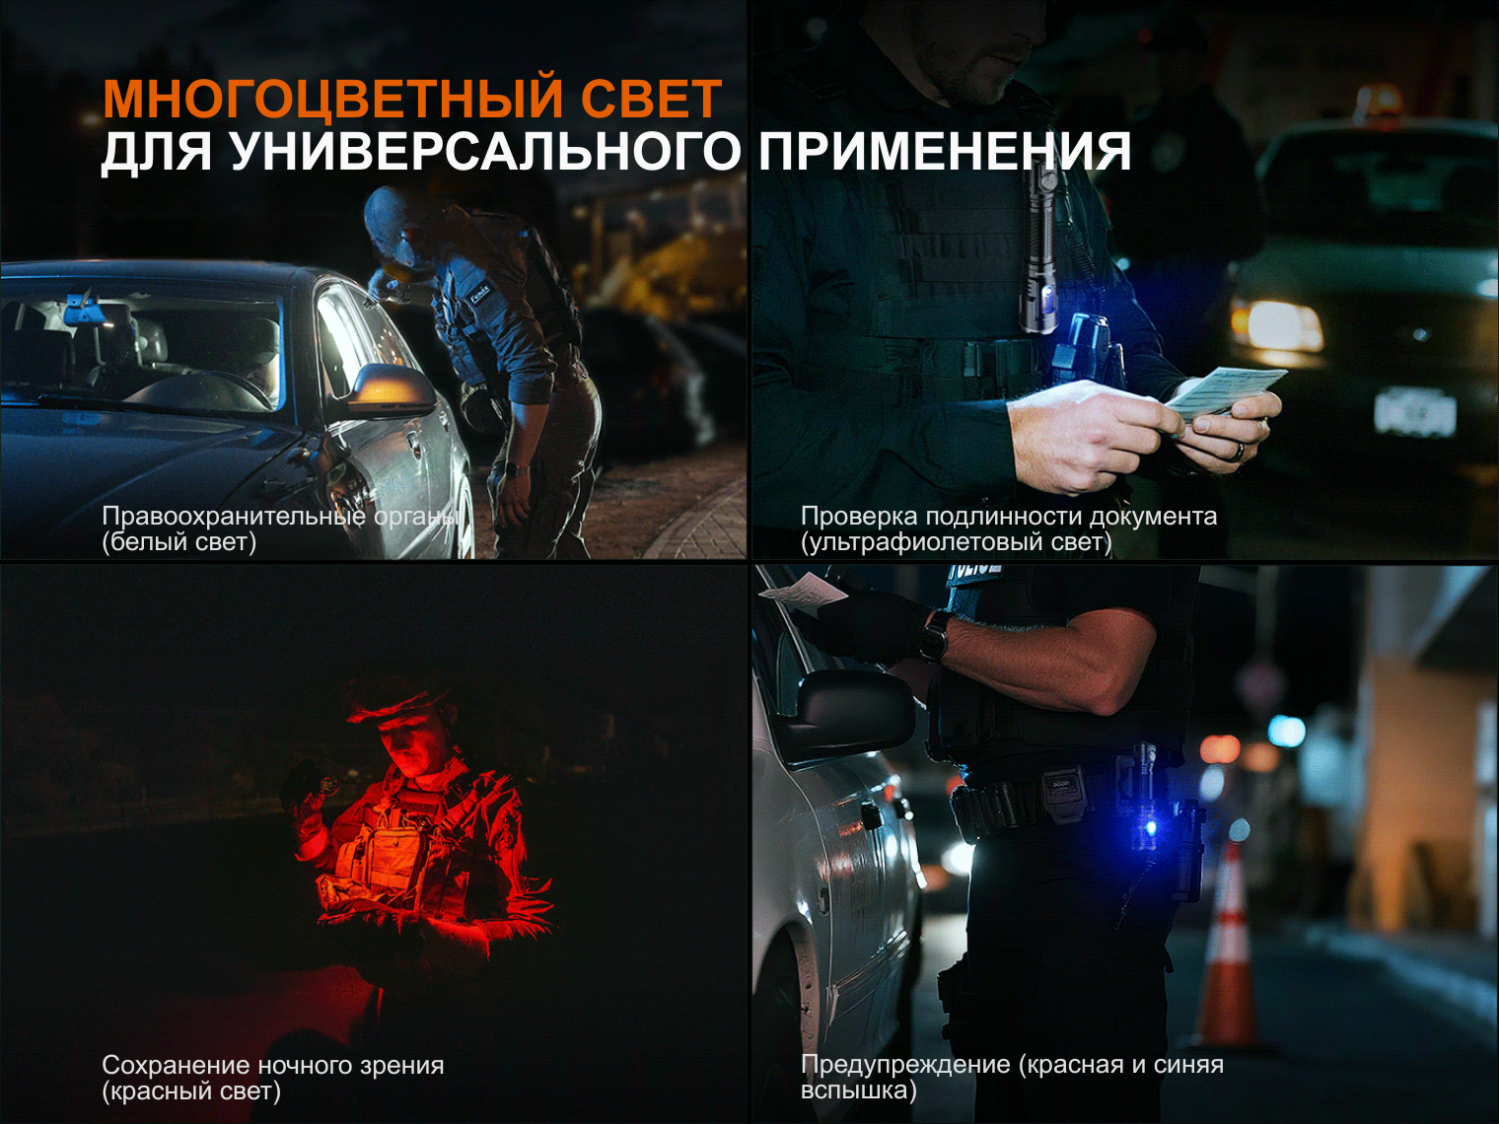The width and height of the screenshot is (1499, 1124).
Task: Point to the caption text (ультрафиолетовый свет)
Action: [956, 542]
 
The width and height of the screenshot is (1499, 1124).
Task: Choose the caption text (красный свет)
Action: [191, 1091]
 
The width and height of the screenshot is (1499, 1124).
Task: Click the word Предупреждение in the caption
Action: [905, 1065]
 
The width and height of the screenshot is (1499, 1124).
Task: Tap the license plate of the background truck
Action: [1414, 409]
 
